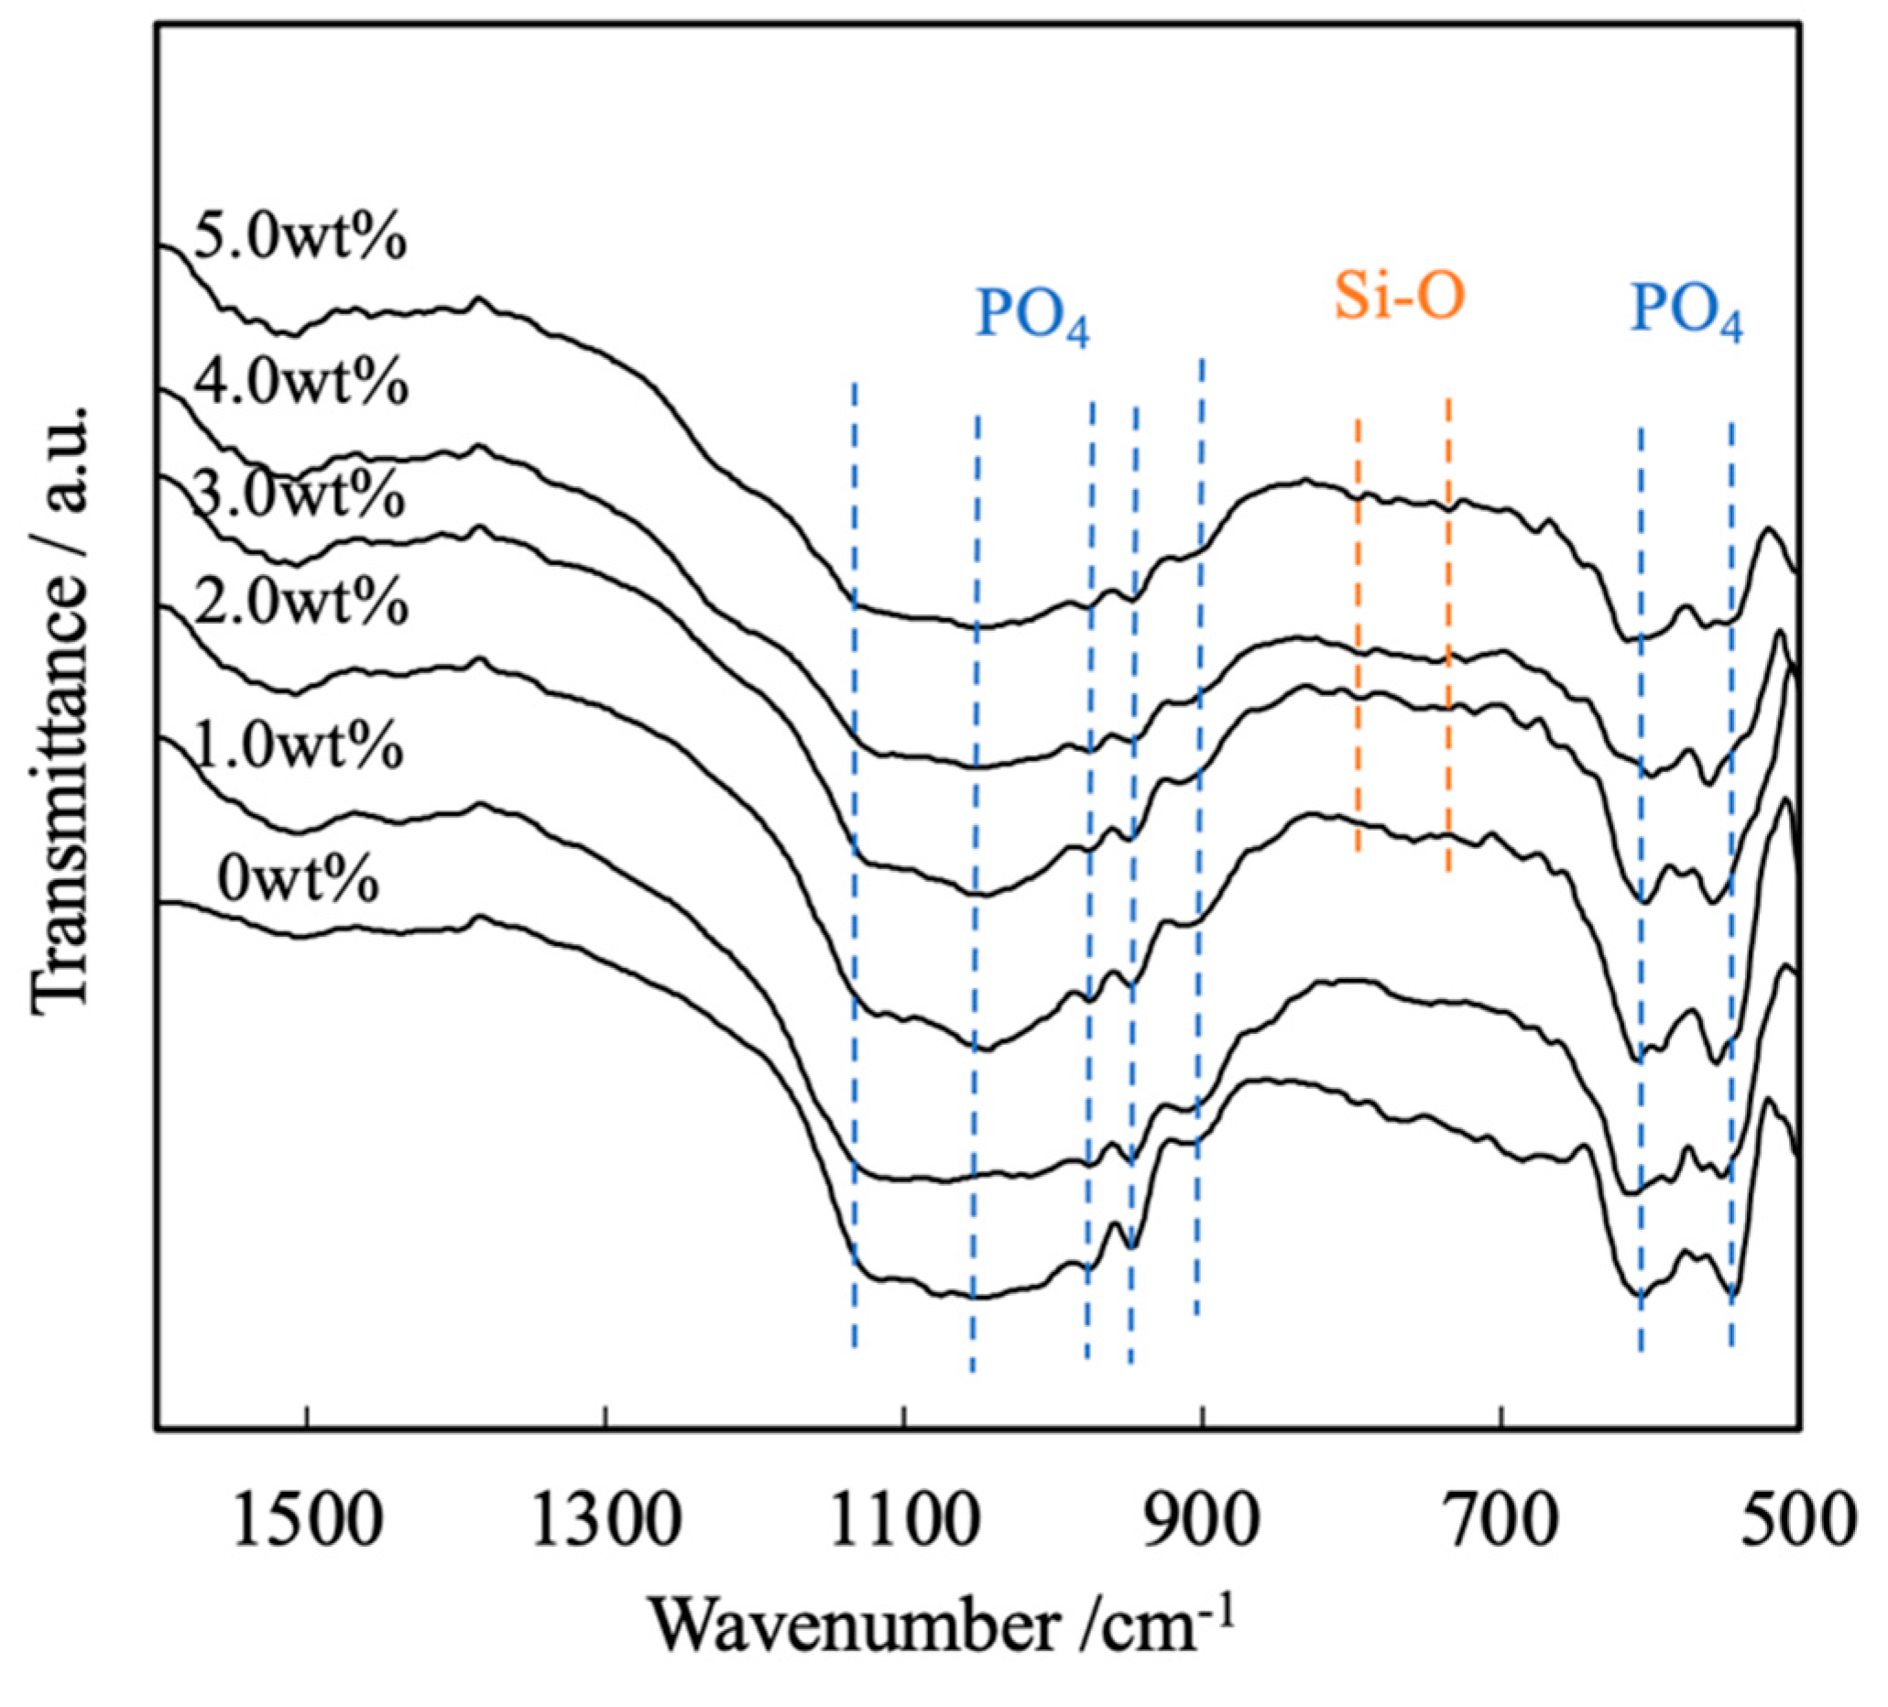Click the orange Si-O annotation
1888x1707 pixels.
[1398, 298]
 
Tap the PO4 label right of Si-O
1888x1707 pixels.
[1686, 310]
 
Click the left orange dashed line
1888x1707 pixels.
[1358, 636]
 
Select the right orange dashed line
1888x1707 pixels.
[1448, 636]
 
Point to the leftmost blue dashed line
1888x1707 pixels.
[854, 862]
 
